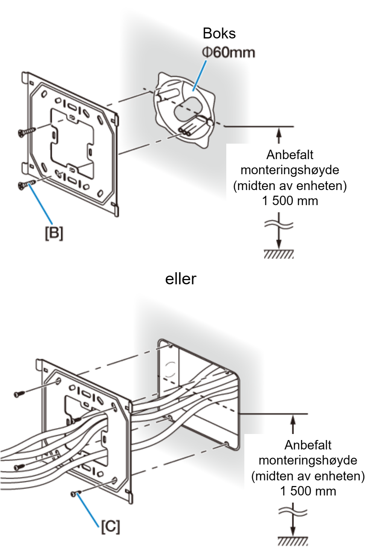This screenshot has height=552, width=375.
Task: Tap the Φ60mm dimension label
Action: coord(229,53)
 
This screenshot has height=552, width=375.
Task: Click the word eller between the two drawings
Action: coord(181,279)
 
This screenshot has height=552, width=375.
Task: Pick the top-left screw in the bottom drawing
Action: coord(20,394)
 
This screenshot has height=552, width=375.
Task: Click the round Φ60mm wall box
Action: coord(184,110)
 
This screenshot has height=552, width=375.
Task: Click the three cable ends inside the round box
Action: coord(184,132)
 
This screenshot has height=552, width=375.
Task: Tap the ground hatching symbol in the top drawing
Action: coord(279,254)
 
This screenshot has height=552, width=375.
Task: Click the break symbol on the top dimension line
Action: coord(279,224)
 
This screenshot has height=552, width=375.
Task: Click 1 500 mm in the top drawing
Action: coord(290,201)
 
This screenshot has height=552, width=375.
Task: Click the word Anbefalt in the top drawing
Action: coord(290,155)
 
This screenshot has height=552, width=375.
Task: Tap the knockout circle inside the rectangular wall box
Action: coord(169,370)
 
